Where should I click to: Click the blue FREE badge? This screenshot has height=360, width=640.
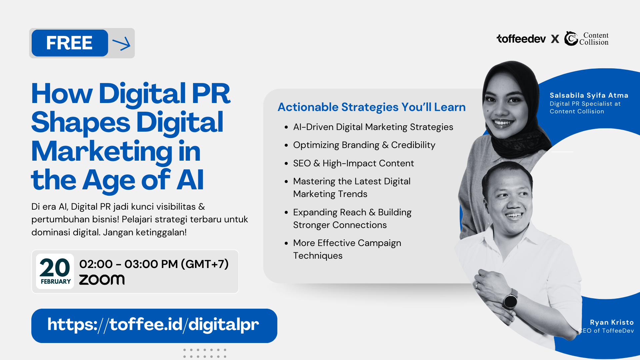70,43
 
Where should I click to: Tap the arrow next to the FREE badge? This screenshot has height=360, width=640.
121,44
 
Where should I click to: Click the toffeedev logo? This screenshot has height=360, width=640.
521,39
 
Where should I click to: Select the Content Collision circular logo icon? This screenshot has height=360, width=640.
571,39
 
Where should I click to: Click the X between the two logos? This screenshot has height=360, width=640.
555,39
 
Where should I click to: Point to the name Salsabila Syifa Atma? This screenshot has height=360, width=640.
589,95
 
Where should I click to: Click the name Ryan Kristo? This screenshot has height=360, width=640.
612,322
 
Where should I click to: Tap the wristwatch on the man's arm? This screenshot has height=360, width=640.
510,301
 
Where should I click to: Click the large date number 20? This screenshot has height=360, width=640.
55,268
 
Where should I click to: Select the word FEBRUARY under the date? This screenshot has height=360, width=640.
56,282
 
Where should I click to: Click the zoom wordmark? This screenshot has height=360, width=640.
102,280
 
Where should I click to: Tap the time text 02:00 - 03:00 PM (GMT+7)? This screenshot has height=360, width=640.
154,264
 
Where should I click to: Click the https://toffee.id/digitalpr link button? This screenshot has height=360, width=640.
154,326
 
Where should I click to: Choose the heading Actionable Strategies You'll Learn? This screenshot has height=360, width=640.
372,107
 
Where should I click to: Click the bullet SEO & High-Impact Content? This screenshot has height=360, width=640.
353,163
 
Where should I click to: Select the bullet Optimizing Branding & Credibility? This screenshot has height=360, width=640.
364,145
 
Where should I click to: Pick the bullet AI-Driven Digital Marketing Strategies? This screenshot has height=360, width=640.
373,127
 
